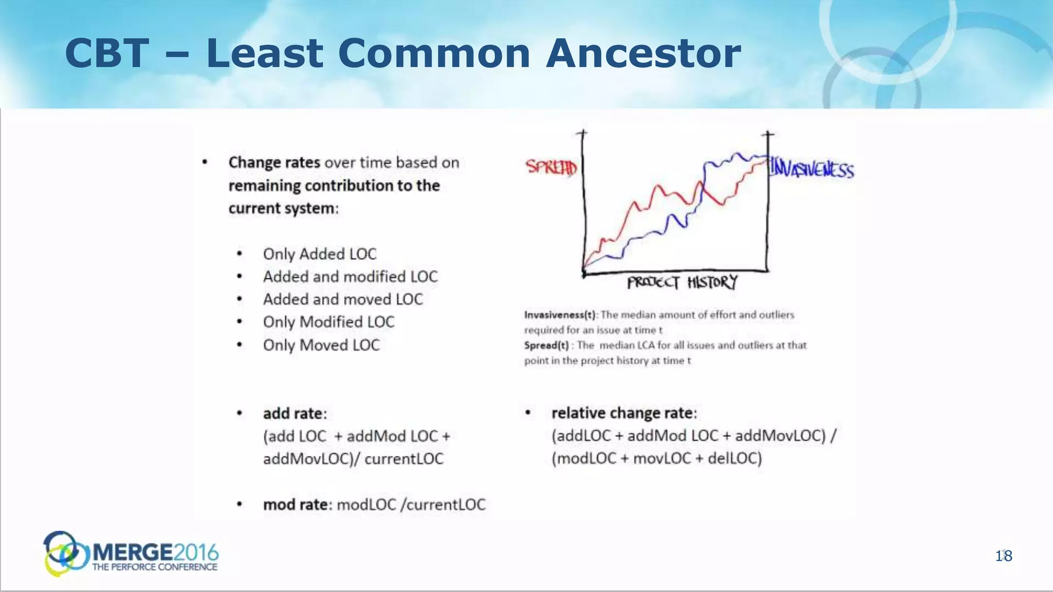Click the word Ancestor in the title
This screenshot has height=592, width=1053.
click(643, 54)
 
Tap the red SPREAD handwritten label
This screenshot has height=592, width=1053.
click(551, 167)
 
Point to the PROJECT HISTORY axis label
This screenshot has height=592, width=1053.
click(682, 283)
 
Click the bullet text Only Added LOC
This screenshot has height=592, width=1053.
click(319, 254)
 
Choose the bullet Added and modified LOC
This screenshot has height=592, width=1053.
click(350, 276)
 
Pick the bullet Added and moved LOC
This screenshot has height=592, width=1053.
click(342, 299)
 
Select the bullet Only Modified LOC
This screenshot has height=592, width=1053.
click(329, 322)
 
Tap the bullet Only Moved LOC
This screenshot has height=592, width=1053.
click(321, 345)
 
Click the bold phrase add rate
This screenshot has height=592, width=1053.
click(293, 413)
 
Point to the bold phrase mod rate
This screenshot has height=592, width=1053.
click(295, 505)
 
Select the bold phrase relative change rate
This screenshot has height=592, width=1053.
click(622, 413)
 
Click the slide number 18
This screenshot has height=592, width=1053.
click(1004, 556)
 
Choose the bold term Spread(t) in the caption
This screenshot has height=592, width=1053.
click(546, 345)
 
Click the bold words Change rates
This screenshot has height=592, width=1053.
click(274, 162)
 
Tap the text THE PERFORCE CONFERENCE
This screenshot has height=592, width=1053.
click(155, 567)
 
